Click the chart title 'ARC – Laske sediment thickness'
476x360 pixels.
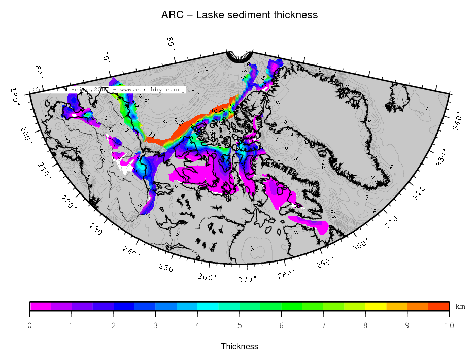pos(240,15)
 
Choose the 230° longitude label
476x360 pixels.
pos(99,229)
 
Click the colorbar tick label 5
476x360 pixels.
pos(240,325)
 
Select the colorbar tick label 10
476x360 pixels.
pos(449,325)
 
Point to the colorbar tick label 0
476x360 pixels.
pos(30,325)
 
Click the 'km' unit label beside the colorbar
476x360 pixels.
pos(460,307)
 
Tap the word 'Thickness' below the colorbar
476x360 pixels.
pos(240,347)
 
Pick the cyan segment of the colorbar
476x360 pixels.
pos(208,306)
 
